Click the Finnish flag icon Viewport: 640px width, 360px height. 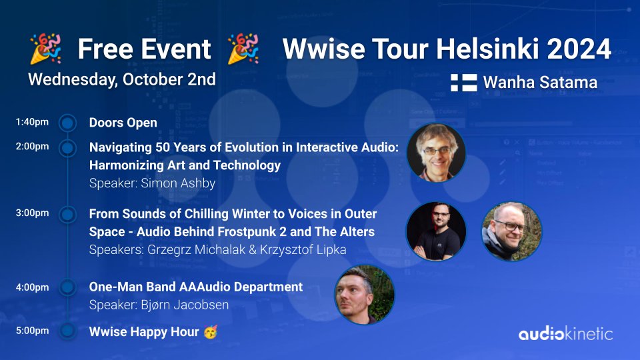[463, 83]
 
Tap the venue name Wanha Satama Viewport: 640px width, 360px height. [540, 83]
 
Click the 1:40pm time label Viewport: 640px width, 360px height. [32, 123]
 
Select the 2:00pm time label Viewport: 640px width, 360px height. [32, 147]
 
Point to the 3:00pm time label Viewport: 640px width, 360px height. [32, 213]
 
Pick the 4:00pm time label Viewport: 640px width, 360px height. [32, 287]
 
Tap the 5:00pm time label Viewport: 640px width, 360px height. [32, 331]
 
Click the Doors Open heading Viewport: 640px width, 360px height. [123, 123]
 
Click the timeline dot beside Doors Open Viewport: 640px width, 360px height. [67, 123]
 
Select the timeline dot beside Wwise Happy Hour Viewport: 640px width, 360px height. [67, 331]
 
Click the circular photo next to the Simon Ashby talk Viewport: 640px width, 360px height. [436, 153]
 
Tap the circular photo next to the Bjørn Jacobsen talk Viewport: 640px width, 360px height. [364, 294]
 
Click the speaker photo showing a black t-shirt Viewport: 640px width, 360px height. [436, 231]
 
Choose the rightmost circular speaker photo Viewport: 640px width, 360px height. [511, 231]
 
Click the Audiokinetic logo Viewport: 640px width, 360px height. [565, 333]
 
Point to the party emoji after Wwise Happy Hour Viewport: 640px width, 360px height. [211, 331]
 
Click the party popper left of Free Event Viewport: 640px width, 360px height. [45, 49]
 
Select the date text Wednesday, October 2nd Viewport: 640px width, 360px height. [122, 79]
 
